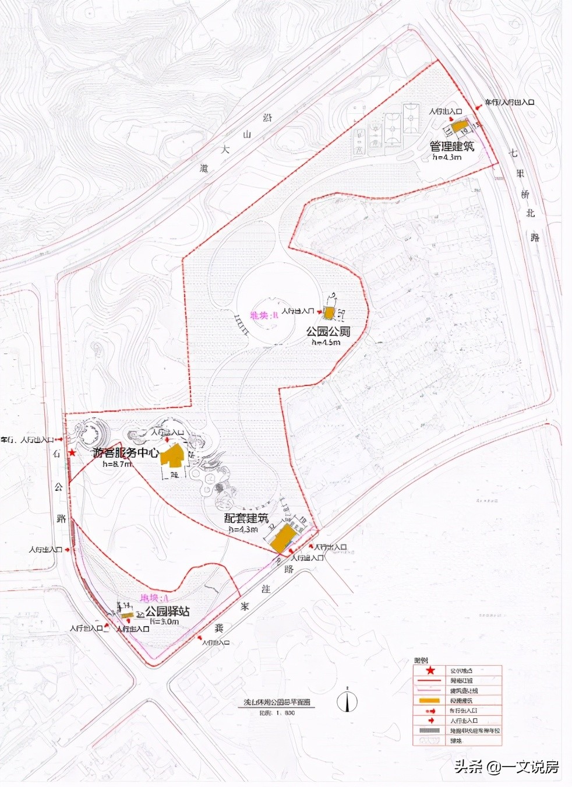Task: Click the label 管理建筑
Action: point(452,146)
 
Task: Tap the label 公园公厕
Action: point(329,332)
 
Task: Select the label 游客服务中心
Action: point(126,452)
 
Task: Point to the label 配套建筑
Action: point(246,518)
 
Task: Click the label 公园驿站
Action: point(167,612)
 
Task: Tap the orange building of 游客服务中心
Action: point(173,456)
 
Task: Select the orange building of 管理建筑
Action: point(460,127)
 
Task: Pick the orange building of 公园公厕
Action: point(329,314)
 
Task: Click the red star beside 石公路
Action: point(72,452)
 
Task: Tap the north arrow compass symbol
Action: point(348,701)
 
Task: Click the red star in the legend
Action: point(430,670)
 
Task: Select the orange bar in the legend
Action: point(430,700)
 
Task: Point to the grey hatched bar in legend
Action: point(430,730)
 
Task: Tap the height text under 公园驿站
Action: point(164,621)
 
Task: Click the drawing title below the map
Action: point(277,703)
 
